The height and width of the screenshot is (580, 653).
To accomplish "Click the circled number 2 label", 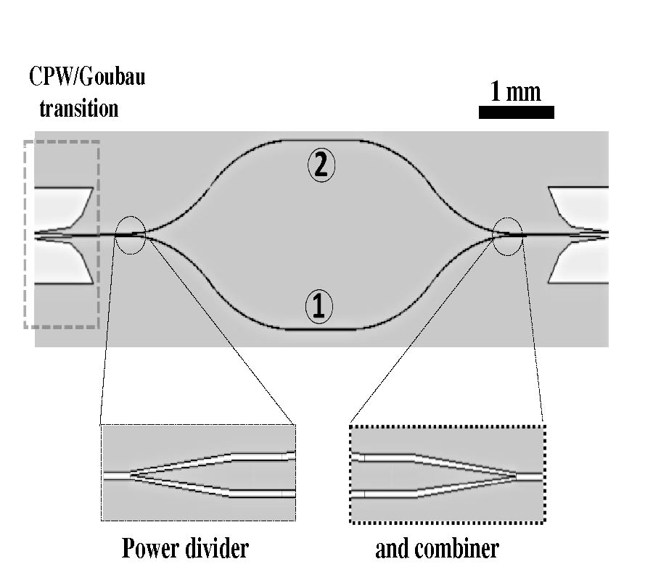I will [321, 166].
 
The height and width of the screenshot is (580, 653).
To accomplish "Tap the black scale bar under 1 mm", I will [516, 112].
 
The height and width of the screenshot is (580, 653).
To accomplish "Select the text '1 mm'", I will [515, 91].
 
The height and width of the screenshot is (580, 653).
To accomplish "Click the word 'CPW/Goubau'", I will [86, 76].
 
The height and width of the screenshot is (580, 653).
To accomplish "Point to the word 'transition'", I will [78, 109].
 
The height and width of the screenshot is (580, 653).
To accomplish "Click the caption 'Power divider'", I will [184, 548].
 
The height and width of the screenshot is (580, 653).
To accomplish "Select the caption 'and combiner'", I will [437, 548].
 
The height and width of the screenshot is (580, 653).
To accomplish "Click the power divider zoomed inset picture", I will [198, 473].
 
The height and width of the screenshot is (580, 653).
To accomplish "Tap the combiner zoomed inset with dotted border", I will [447, 474].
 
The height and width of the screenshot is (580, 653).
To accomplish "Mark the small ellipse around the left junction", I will [131, 235].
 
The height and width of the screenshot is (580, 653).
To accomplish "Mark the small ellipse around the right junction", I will [507, 236].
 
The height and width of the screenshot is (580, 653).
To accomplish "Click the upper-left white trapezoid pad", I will [62, 207].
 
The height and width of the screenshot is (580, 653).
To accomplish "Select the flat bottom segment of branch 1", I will [319, 329].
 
